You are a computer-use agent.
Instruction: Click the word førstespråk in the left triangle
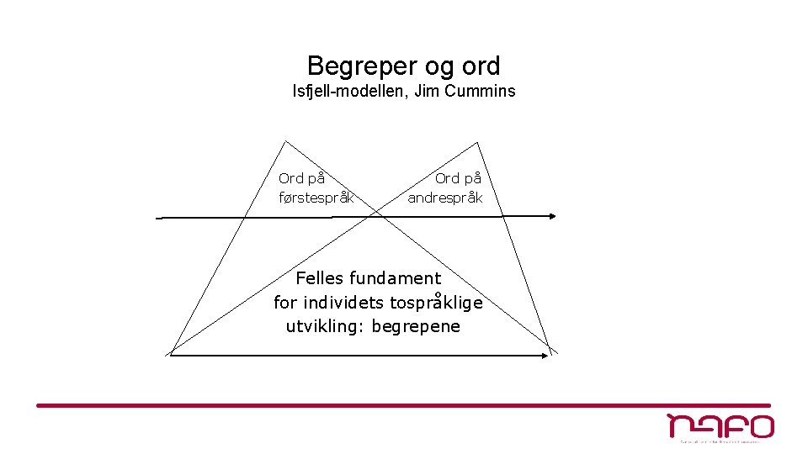click(316, 198)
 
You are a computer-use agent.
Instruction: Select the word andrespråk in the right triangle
click(445, 198)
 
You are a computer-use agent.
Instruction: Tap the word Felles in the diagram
click(320, 277)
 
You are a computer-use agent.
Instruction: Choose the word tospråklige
click(437, 302)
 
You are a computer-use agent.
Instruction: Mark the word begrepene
click(416, 326)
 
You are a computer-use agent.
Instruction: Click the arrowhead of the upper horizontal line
click(552, 216)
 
